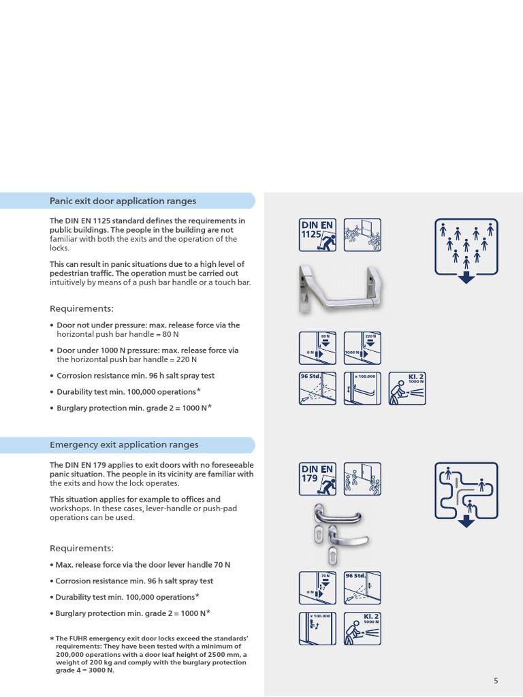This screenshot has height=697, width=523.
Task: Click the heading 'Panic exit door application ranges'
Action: [x=123, y=201]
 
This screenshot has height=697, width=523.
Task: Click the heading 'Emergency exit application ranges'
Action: [x=124, y=444]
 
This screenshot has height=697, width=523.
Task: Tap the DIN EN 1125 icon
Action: [x=318, y=236]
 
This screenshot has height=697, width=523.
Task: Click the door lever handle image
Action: [x=332, y=536]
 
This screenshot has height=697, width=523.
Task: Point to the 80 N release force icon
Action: [x=318, y=348]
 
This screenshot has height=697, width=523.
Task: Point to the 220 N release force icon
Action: [x=362, y=348]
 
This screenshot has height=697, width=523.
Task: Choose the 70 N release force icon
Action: [x=318, y=588]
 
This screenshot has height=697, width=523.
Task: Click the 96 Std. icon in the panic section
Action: [x=318, y=389]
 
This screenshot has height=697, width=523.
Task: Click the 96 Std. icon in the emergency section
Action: [x=362, y=588]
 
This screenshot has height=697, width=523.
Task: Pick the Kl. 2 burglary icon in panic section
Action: [x=407, y=389]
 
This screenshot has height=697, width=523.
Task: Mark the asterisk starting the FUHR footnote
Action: [x=52, y=638]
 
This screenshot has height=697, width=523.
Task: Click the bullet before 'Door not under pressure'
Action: [x=52, y=325]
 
